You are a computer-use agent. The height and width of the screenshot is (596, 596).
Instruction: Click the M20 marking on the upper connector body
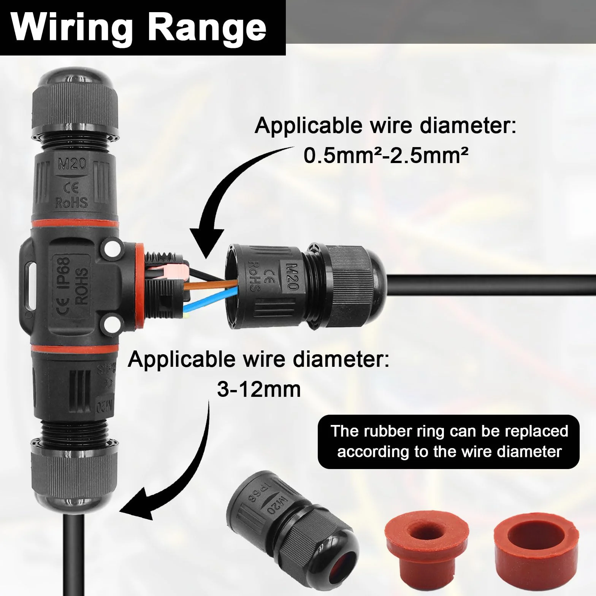pos(72,164)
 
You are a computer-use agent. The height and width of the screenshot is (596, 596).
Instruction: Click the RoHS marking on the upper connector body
pos(72,203)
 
